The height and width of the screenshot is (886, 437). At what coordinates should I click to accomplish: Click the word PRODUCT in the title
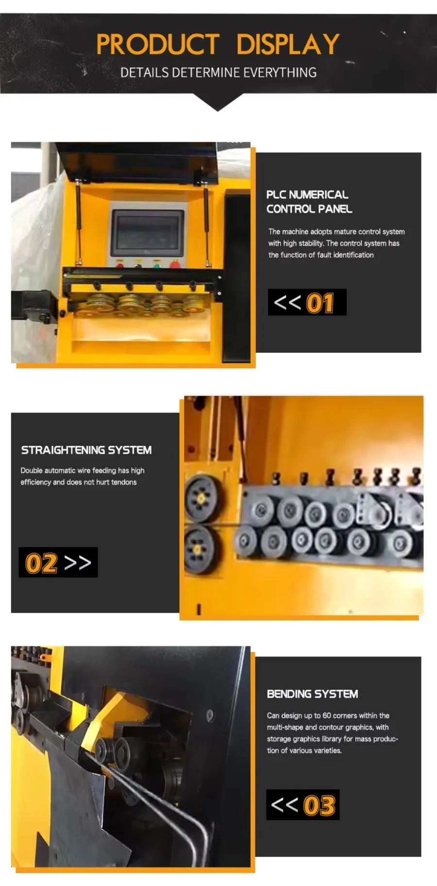point(158,44)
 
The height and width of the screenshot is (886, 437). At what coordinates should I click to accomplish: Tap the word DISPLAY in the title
point(287,44)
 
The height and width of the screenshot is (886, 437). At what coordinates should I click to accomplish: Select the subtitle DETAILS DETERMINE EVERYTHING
point(218,73)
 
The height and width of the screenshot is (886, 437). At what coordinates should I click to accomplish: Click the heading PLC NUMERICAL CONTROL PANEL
point(309,201)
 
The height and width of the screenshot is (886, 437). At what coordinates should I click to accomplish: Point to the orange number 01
point(320,303)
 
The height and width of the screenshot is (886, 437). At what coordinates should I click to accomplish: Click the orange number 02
point(41,563)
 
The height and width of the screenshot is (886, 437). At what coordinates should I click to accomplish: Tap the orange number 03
point(319,805)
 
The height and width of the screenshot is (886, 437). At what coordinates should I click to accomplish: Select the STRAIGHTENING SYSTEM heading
point(86,450)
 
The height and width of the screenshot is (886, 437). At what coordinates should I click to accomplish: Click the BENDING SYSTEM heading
point(312,694)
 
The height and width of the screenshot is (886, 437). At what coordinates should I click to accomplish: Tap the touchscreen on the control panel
point(148,233)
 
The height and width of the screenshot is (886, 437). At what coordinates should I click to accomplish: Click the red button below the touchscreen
point(175,264)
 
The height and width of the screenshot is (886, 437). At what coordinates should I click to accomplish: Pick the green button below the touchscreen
point(157,264)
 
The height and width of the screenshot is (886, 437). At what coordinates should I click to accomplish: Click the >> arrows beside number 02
point(78,563)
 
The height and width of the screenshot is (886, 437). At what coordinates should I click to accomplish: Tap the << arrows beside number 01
point(287,302)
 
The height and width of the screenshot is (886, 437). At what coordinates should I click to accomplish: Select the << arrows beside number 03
point(285,804)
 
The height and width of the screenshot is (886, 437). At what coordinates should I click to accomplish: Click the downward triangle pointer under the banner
point(218,102)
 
